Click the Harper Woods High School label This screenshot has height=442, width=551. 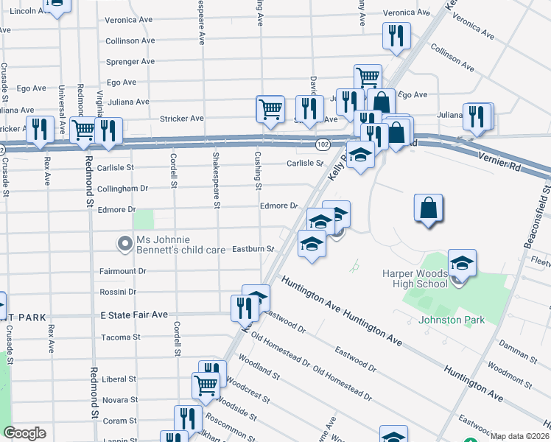click(415, 278)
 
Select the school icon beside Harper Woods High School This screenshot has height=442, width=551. click(462, 265)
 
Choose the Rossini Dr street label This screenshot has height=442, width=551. click(118, 292)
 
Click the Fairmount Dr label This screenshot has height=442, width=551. click(123, 271)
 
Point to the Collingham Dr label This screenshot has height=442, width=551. click(122, 189)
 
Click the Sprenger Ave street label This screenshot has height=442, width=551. click(130, 62)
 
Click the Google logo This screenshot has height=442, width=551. click(25, 433)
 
